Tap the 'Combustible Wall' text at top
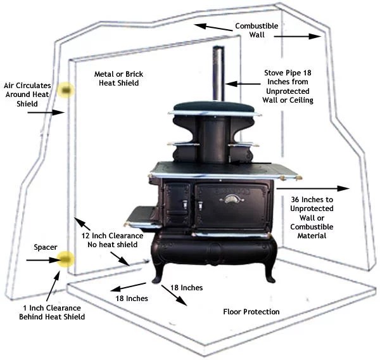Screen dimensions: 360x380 coord(256,31)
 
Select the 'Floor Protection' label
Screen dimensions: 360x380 coord(251,312)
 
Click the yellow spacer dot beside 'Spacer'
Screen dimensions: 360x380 coord(65,259)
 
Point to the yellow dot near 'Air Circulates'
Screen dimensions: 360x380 coord(64,90)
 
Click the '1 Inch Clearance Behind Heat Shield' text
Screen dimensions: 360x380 coord(52,312)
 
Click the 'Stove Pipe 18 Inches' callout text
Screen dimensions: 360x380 coord(288,86)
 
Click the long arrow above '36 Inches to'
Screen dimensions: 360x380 coord(313,188)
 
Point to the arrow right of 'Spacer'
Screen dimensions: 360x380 coord(41,260)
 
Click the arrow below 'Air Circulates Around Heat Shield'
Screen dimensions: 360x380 coord(43,112)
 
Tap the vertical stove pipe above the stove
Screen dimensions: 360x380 coord(218,74)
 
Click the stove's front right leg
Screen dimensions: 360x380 coord(270,269)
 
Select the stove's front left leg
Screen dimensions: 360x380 coord(157,269)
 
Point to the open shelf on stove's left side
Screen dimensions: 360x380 coord(142,217)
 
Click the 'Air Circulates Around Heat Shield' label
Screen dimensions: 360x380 coord(25,94)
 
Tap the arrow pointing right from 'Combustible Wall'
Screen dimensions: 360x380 coord(298,37)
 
